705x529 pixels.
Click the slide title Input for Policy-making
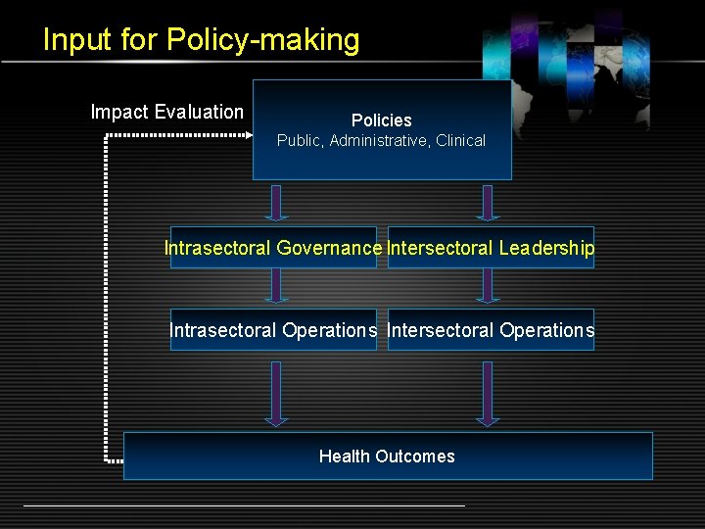click(x=201, y=40)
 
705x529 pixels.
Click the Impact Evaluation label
click(x=166, y=112)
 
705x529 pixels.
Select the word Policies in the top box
click(x=381, y=120)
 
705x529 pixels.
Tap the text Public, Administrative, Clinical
click(x=381, y=141)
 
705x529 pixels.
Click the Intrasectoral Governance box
click(x=272, y=248)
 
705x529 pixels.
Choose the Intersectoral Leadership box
click(x=491, y=248)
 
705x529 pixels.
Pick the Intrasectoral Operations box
click(x=272, y=330)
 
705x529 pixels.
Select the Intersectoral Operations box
click(x=491, y=330)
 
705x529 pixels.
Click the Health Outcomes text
click(x=387, y=457)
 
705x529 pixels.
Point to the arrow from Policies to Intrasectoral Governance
click(x=276, y=203)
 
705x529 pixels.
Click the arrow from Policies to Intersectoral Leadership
click(x=487, y=203)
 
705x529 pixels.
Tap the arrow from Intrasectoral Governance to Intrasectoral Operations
click(x=276, y=285)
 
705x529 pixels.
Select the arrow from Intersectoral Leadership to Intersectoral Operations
click(x=487, y=285)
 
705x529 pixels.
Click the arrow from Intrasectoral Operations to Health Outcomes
click(x=276, y=393)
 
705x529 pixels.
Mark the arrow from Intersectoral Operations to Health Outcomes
click(x=487, y=393)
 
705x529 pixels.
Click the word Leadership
click(x=545, y=248)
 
